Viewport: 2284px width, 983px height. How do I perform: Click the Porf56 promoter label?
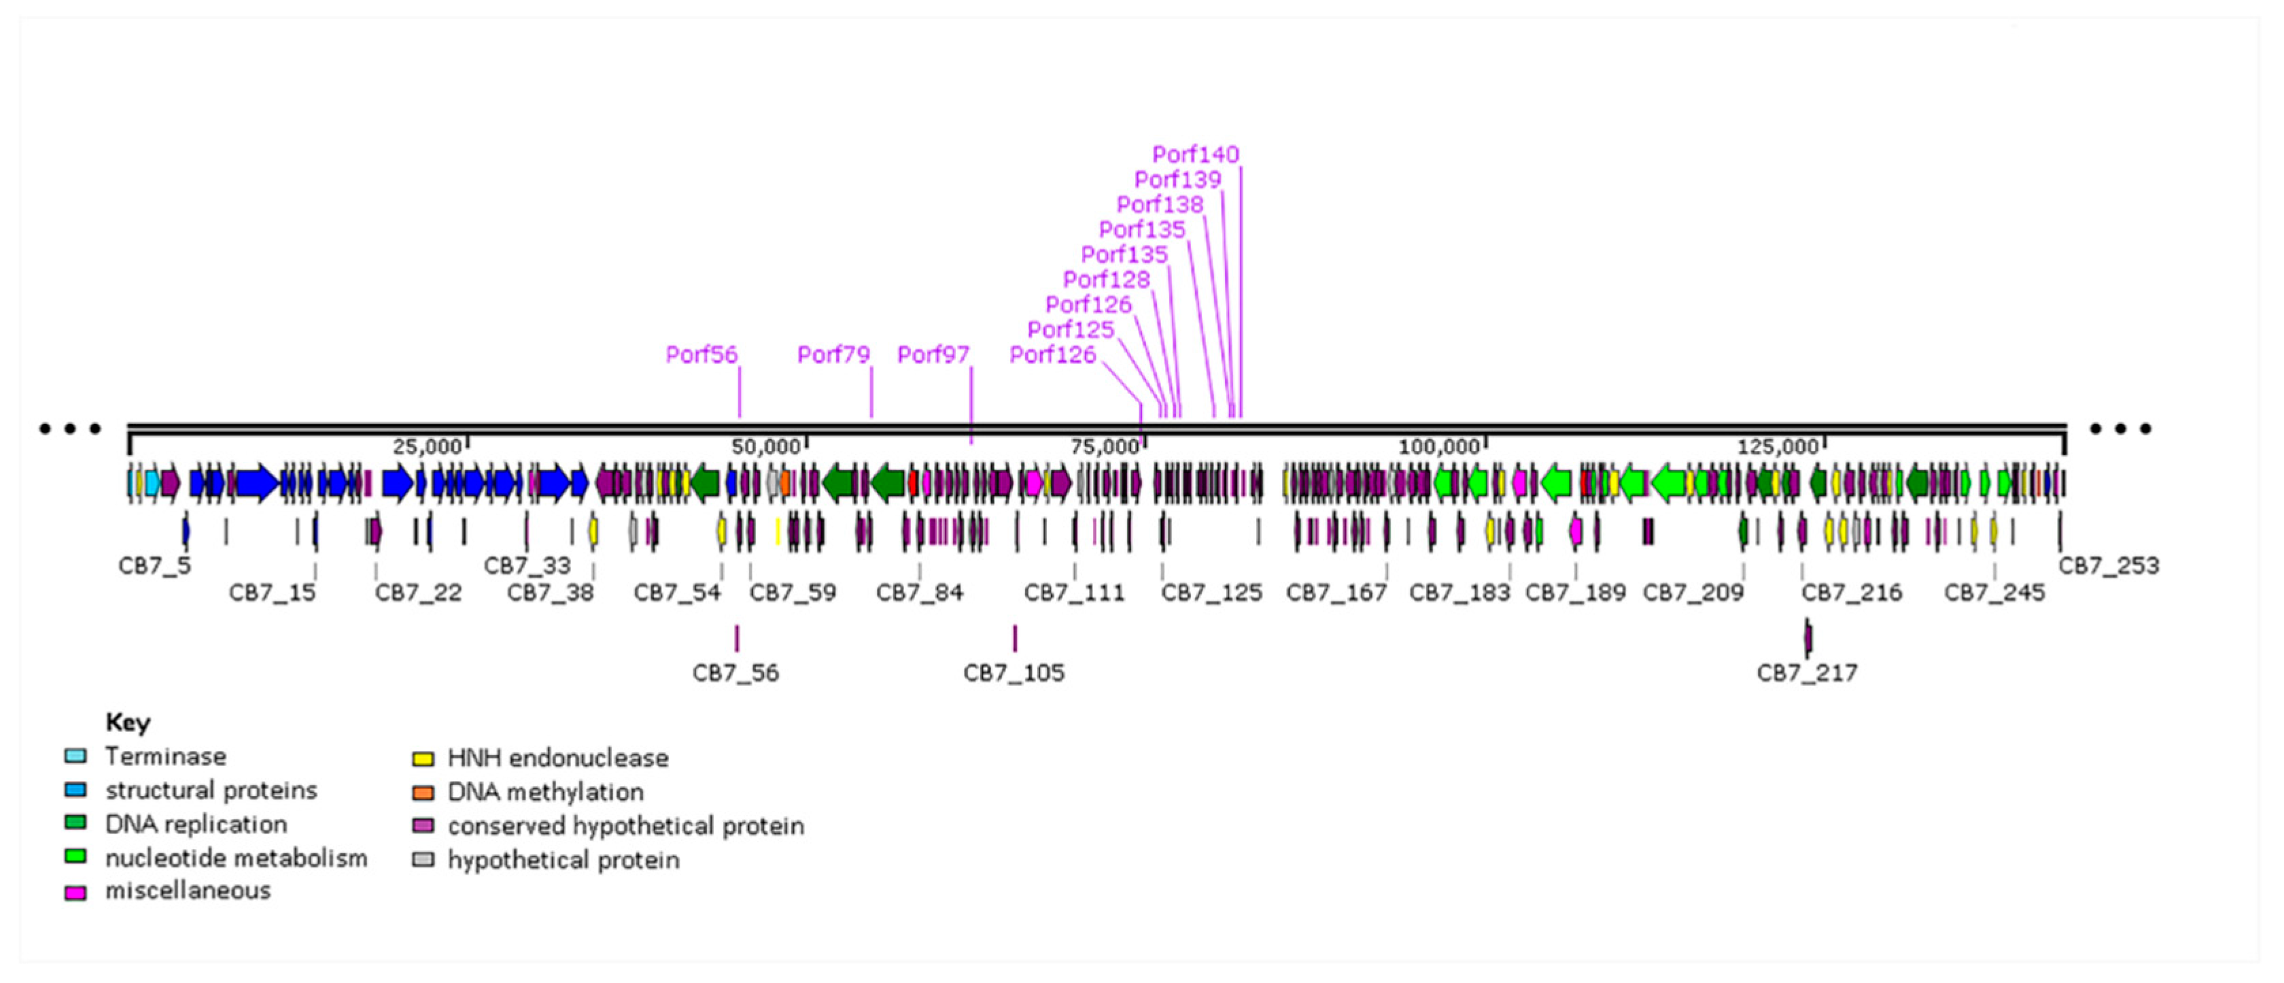(x=702, y=355)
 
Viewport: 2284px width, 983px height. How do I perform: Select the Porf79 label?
(x=833, y=355)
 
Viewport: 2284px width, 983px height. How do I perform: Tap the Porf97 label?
(x=933, y=355)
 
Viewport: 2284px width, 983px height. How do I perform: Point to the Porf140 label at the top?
(x=1195, y=154)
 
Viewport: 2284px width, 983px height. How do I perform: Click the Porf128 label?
(x=1106, y=280)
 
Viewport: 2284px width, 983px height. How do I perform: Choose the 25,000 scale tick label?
(x=428, y=446)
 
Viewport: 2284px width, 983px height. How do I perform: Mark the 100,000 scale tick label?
(x=1438, y=446)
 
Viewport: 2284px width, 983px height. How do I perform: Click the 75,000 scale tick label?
(x=1105, y=446)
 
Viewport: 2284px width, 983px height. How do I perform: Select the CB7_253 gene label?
(x=2109, y=566)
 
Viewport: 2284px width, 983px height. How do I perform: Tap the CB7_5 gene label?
(x=155, y=566)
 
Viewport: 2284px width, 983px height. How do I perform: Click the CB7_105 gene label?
(x=1014, y=673)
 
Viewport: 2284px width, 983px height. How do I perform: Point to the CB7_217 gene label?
(x=1807, y=673)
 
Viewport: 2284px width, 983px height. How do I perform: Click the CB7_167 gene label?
(x=1336, y=593)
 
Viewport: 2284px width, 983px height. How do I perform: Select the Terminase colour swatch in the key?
(x=76, y=756)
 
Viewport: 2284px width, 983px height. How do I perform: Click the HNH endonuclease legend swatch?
(x=423, y=759)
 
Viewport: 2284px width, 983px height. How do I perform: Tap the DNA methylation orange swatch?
(x=423, y=793)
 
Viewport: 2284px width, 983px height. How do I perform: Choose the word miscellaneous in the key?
(x=188, y=890)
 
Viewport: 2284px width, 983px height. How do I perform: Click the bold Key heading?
(x=128, y=722)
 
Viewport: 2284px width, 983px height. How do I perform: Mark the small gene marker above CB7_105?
(x=1015, y=638)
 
